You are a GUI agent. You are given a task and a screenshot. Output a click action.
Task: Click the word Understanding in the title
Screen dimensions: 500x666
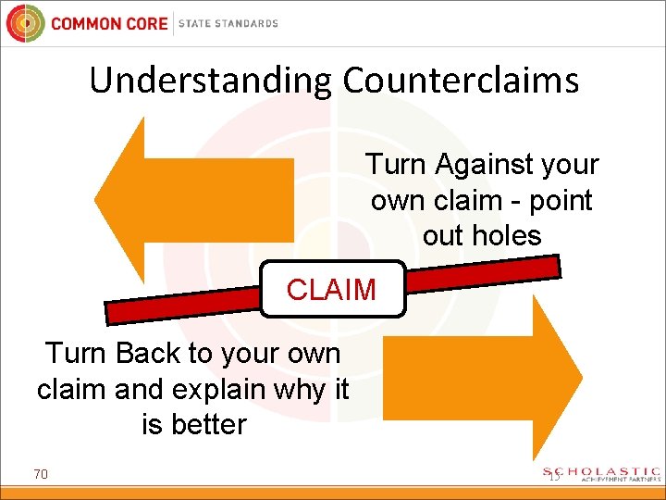click(212, 81)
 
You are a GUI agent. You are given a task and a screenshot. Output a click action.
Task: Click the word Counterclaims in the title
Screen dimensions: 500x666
click(461, 81)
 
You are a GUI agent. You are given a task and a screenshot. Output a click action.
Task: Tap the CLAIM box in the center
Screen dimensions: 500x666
click(331, 290)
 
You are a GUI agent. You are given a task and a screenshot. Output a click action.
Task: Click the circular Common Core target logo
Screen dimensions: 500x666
click(24, 23)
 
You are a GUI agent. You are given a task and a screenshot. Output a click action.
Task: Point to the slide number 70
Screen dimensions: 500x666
click(41, 475)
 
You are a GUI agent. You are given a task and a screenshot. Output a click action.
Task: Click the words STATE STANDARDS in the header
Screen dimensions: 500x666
click(228, 23)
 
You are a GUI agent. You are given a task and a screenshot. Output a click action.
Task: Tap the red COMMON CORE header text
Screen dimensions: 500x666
click(109, 23)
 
